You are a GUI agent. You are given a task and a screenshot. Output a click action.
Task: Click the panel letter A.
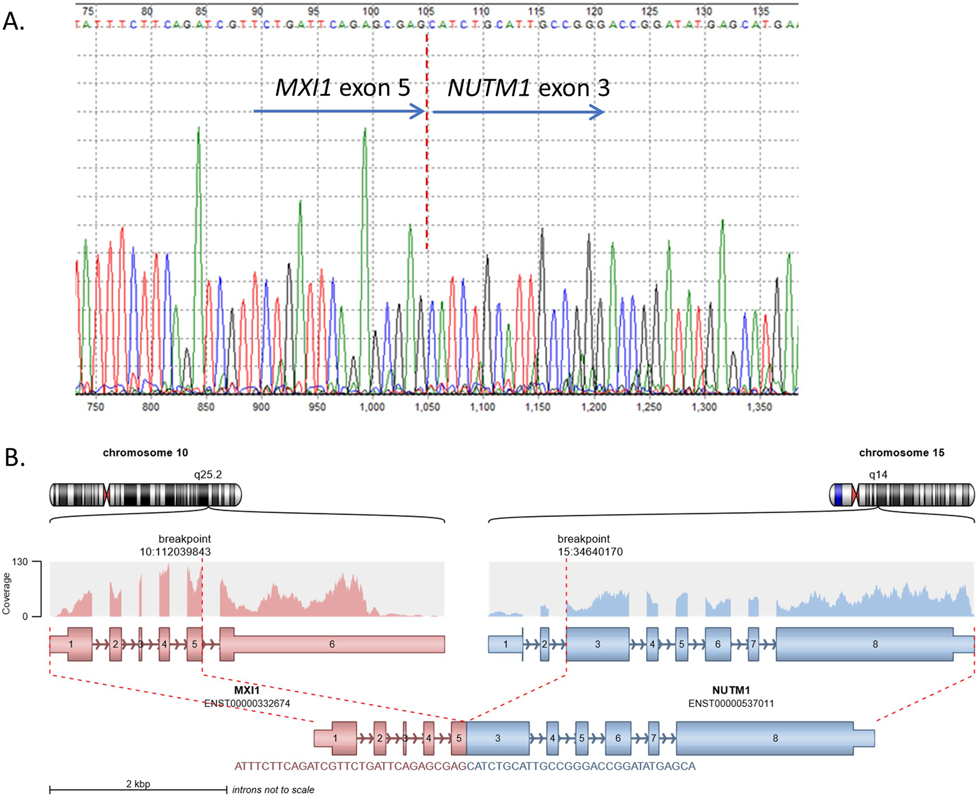13,21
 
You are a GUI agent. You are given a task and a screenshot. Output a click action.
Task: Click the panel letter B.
14,457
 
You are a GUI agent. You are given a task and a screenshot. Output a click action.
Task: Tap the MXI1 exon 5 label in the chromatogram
342,88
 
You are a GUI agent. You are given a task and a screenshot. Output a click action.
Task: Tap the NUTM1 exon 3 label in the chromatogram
528,88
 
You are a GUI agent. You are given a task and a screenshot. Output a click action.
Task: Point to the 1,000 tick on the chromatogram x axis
372,407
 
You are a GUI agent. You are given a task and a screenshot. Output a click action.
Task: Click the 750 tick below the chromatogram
95,407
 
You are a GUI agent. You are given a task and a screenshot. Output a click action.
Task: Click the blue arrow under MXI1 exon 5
339,111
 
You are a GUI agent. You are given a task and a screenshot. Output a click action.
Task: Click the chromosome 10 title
145,453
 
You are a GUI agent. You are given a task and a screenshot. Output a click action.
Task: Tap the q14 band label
878,474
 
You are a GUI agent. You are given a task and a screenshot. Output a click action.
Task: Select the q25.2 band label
208,474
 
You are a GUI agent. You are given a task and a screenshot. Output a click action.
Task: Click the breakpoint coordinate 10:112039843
175,552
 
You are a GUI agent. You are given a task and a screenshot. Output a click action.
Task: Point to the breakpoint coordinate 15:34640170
590,552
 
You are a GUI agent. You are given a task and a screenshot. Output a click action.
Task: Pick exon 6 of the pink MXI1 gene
332,644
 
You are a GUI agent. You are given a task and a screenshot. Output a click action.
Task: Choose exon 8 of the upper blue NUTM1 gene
875,644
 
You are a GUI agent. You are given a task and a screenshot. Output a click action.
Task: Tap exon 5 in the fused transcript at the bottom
459,738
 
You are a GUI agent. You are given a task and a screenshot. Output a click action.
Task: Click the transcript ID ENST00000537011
731,703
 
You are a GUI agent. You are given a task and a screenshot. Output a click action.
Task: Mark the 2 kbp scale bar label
138,784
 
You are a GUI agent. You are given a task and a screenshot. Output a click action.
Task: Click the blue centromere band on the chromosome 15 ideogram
839,495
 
